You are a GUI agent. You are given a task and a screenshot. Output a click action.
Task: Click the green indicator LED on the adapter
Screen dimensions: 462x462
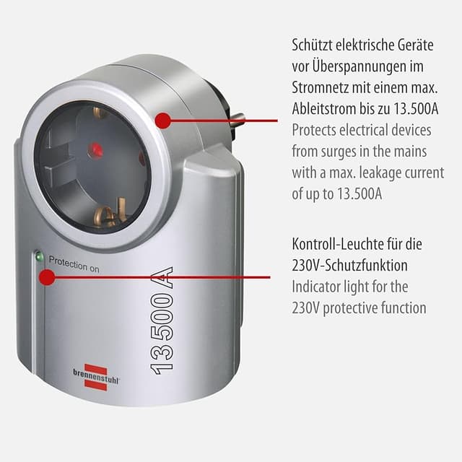39,257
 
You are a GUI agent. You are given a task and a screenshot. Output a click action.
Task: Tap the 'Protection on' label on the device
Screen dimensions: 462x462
74,264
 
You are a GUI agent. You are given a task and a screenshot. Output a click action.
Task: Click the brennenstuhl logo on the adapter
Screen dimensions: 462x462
96,377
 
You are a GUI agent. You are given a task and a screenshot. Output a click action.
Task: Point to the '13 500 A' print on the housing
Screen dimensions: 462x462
162,321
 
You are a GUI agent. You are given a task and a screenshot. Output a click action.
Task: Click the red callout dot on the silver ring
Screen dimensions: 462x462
163,121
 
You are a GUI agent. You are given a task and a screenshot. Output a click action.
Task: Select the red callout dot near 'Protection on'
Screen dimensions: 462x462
47,277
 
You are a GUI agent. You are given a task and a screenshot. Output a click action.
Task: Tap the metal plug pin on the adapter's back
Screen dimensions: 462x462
238,118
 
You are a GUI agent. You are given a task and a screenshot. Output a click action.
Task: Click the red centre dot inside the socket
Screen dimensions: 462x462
95,149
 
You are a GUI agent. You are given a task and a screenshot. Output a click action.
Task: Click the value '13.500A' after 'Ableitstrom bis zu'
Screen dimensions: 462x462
416,109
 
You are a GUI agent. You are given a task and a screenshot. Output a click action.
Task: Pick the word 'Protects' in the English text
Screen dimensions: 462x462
314,130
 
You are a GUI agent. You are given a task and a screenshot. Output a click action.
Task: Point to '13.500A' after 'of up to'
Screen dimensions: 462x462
359,194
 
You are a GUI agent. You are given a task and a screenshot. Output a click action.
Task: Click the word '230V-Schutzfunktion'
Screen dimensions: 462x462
349,265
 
